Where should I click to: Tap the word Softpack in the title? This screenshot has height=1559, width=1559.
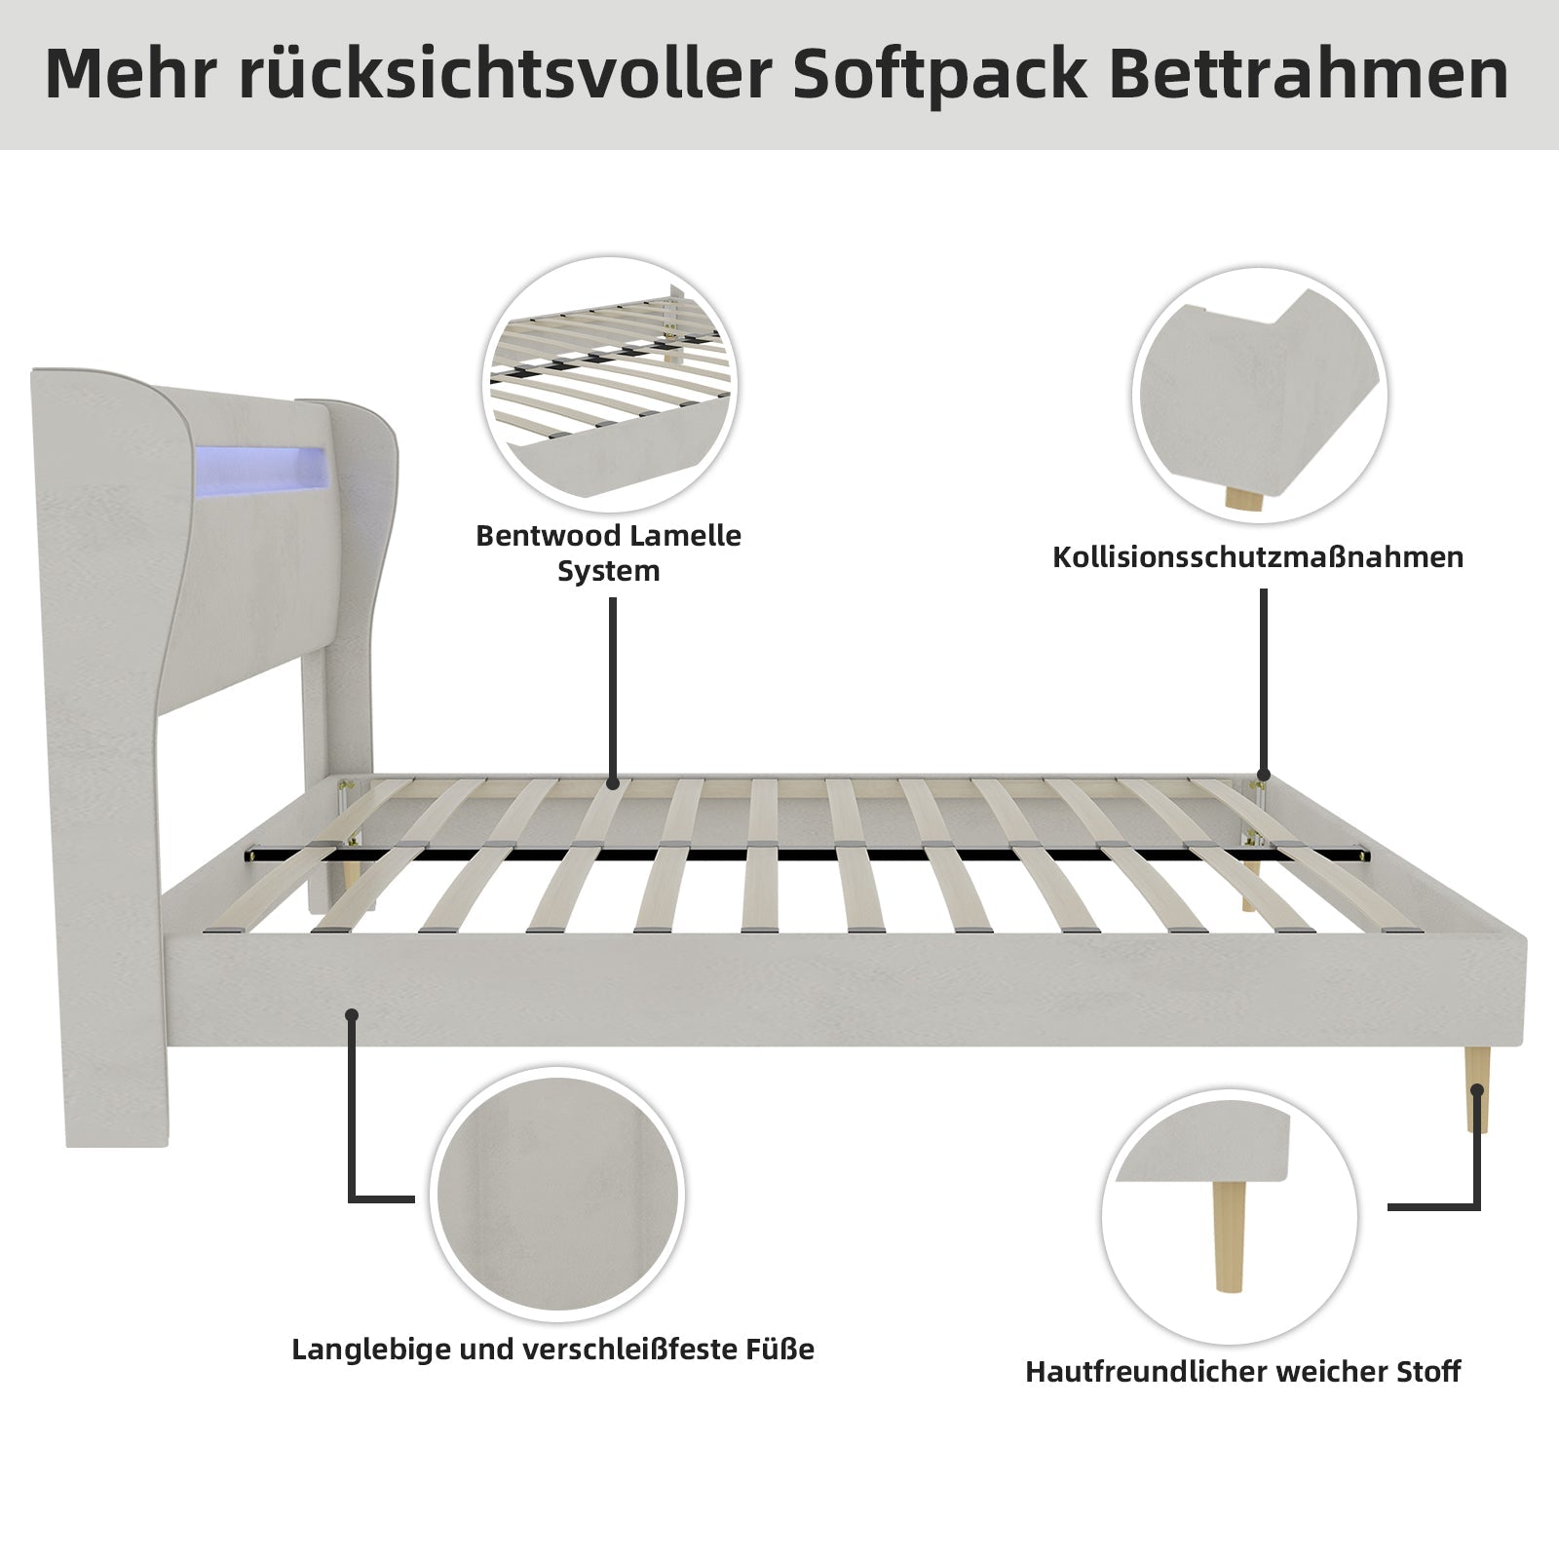939,75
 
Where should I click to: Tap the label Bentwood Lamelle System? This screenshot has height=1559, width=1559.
609,552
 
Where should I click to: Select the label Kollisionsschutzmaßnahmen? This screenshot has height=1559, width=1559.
1258,557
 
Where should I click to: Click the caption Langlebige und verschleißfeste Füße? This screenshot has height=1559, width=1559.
553,1350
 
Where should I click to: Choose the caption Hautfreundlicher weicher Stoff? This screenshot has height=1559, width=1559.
1243,1372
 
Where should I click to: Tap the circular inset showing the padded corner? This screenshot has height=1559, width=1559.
1260,395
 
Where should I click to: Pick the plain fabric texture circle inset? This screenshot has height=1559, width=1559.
557,1196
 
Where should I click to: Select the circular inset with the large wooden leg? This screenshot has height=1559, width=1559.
1230,1218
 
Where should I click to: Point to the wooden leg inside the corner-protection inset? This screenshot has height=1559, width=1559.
1244,499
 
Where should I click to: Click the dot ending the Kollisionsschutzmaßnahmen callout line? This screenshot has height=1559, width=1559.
1263,777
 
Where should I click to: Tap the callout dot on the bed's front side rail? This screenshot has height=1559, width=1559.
352,1015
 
